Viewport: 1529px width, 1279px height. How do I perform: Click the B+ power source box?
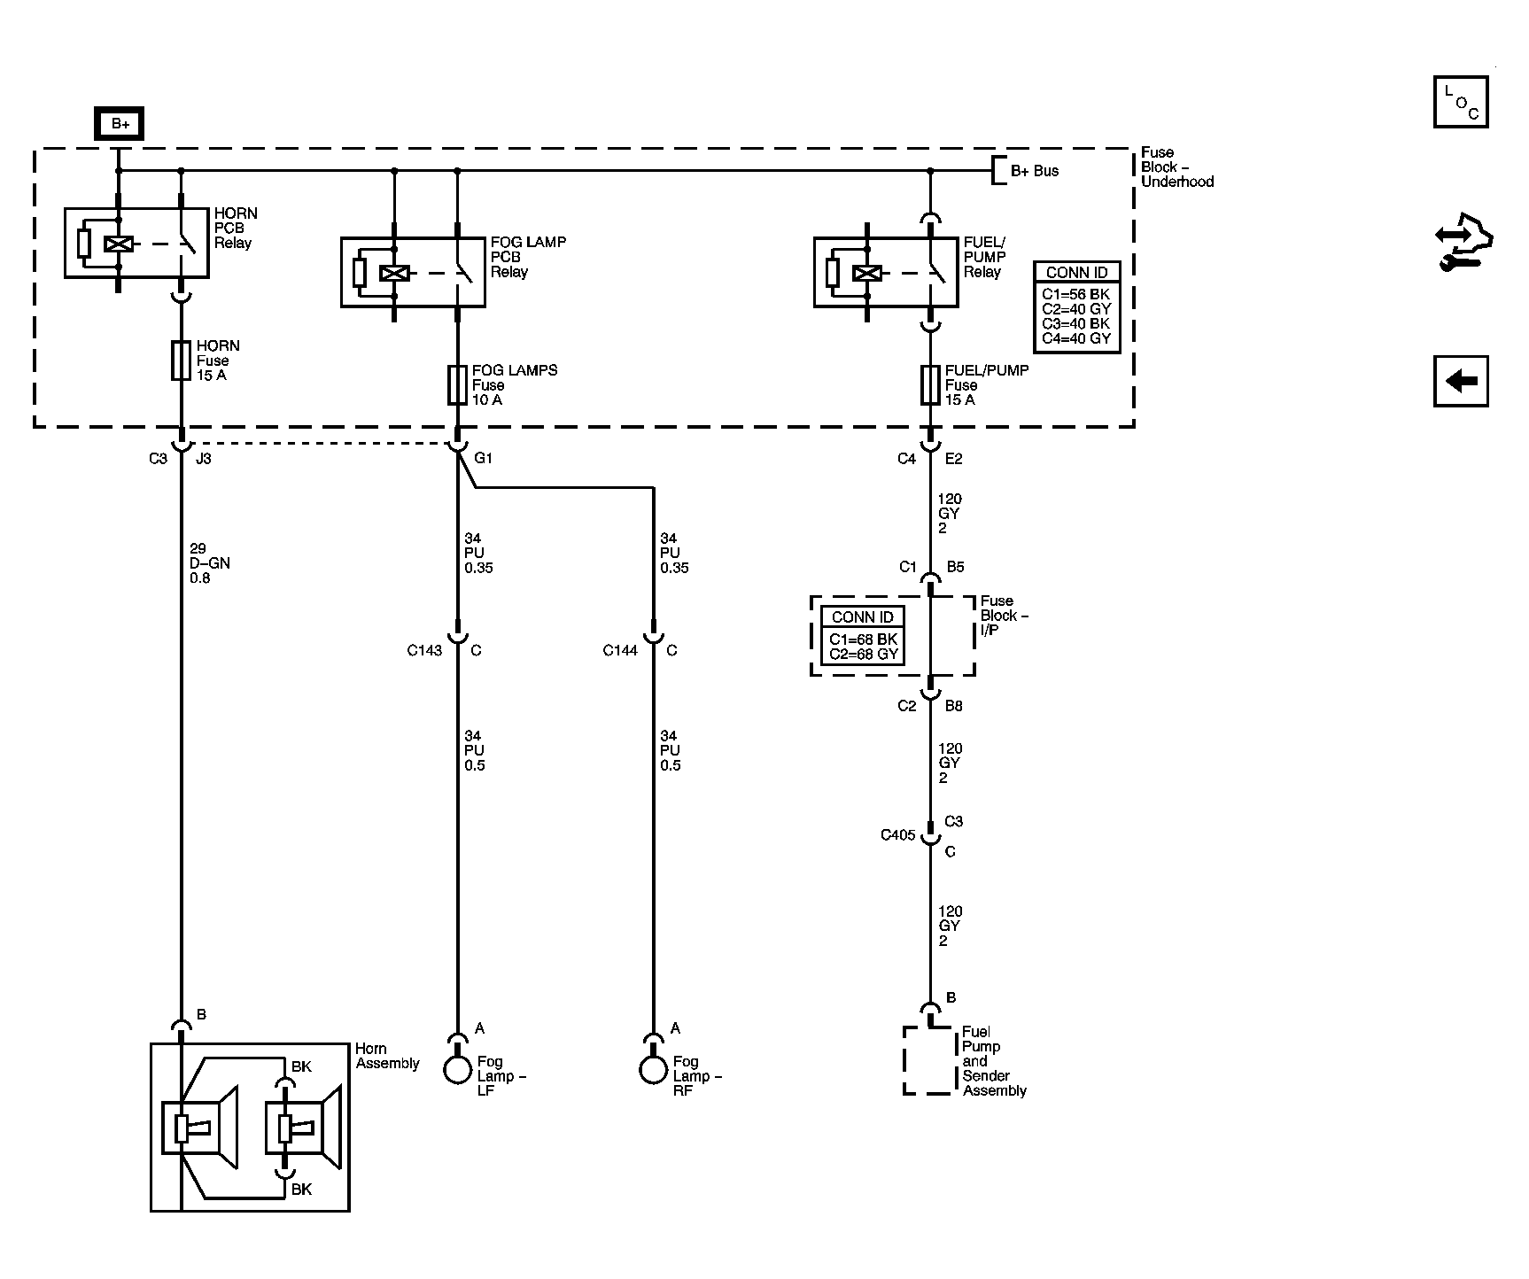(x=120, y=124)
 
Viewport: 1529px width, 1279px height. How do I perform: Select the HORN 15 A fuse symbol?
(x=181, y=360)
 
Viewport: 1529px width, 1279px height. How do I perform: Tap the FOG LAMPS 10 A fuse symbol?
(x=457, y=385)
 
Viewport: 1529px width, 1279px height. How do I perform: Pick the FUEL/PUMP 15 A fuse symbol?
(x=930, y=385)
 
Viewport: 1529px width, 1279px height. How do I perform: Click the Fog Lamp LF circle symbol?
(x=457, y=1069)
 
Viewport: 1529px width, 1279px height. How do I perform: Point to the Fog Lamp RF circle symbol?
(x=653, y=1069)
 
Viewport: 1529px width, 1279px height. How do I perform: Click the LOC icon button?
(x=1461, y=102)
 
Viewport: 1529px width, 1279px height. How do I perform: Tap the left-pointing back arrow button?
(x=1461, y=381)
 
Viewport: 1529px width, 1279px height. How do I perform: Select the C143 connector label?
(x=424, y=650)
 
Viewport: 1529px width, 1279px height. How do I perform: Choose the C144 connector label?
(x=620, y=650)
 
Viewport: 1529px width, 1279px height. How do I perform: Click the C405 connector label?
(x=897, y=834)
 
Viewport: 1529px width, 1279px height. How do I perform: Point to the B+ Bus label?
(x=1035, y=171)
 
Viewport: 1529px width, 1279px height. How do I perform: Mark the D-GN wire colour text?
(x=210, y=563)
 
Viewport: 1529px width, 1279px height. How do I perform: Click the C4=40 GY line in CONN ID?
(x=1076, y=338)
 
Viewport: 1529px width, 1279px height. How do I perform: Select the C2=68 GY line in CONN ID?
(x=864, y=655)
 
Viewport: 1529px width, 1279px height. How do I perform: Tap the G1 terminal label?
(x=483, y=458)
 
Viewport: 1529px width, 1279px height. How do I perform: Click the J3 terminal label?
(x=203, y=459)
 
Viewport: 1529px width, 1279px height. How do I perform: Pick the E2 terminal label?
(x=953, y=459)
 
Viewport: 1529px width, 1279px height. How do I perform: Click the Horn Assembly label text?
(x=387, y=1056)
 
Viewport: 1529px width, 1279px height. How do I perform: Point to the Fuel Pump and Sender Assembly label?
(x=994, y=1061)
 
